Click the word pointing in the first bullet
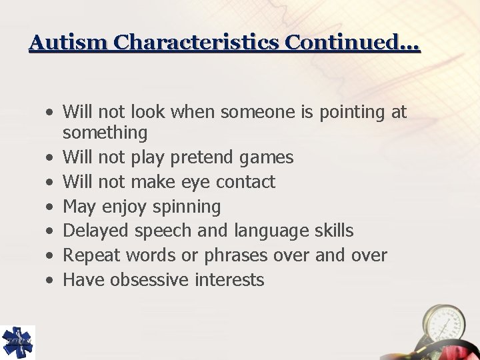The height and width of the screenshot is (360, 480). (x=353, y=113)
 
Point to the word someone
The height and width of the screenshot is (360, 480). (x=257, y=113)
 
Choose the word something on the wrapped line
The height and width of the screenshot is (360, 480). (x=105, y=133)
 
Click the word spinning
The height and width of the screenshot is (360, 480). (x=186, y=207)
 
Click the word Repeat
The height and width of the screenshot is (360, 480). (x=93, y=255)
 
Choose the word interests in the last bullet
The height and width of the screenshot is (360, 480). (x=229, y=280)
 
